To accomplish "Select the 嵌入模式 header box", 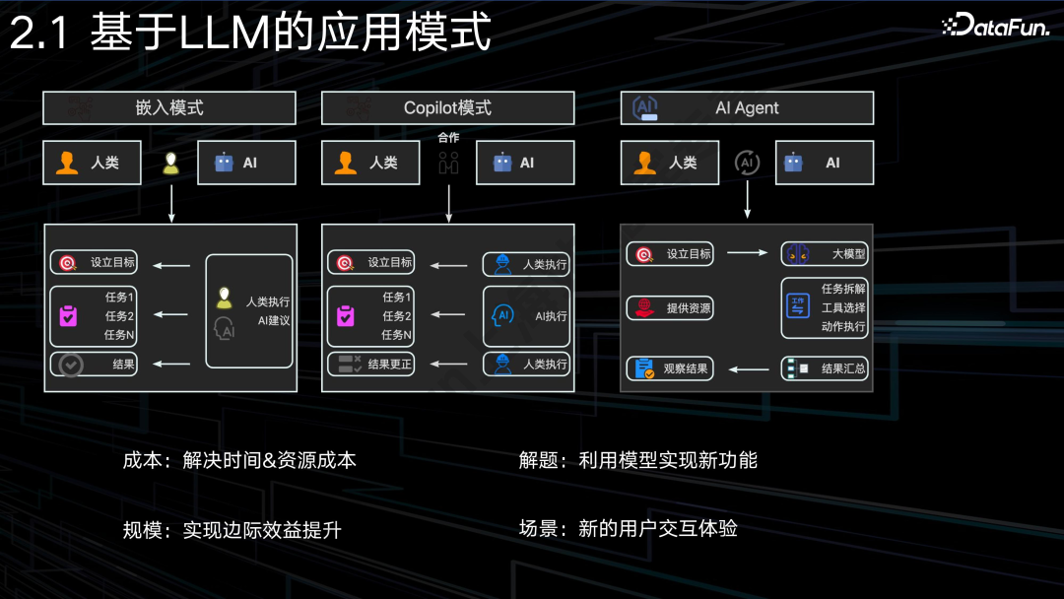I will (169, 108).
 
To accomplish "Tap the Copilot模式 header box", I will (447, 108).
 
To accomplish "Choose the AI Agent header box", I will (747, 108).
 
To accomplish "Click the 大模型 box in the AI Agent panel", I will (825, 254).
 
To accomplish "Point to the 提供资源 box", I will (669, 308).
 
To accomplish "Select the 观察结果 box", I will (669, 369).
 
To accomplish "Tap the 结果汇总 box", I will (825, 369).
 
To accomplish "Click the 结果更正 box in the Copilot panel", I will (370, 364).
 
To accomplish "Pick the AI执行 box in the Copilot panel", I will (526, 316).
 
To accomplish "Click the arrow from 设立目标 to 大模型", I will (747, 253).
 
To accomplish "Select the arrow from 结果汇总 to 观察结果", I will (748, 369).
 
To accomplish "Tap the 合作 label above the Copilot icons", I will (448, 138).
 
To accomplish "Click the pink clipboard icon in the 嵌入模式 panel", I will (68, 316).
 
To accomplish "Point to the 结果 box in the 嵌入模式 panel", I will (93, 364).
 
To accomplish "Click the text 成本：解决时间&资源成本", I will (239, 460).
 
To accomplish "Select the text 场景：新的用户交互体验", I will (629, 529).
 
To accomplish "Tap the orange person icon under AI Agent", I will (646, 163).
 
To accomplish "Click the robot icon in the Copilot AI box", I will (503, 163).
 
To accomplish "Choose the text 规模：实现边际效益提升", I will (232, 530).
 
